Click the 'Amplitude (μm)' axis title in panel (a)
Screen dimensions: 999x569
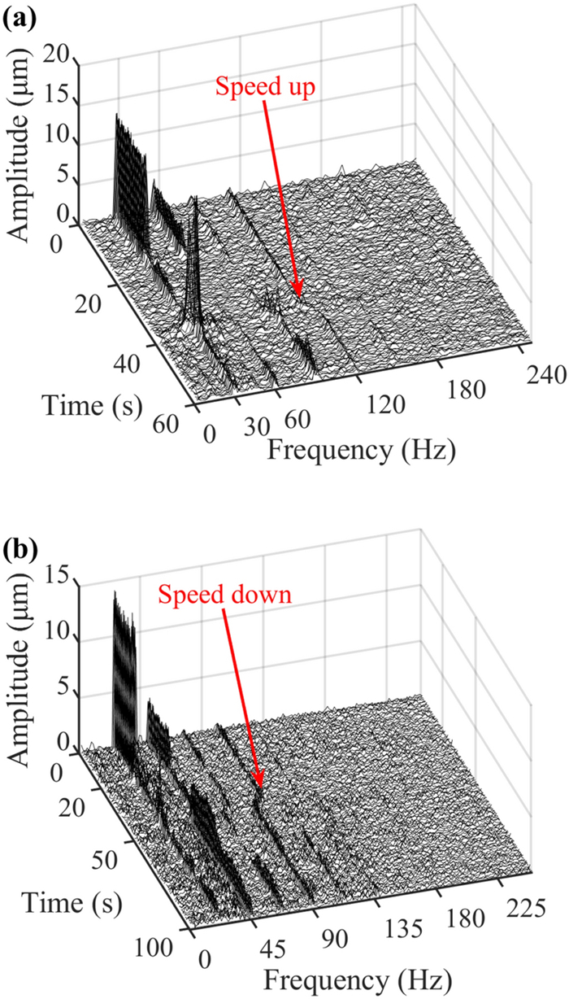pyautogui.click(x=24, y=155)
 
